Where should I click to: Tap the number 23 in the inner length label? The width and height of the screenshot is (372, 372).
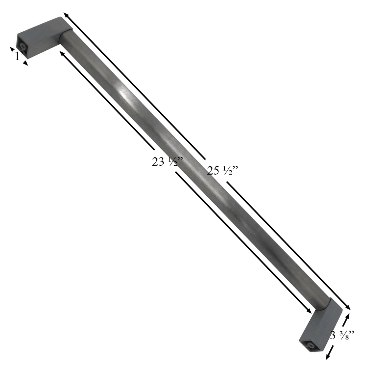coord(158,162)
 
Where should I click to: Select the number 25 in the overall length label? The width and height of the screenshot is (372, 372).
coord(213,170)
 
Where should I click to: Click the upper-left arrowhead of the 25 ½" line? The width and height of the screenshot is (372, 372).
coord(65,15)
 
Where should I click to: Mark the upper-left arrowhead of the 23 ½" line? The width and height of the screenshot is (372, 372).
coord(62,53)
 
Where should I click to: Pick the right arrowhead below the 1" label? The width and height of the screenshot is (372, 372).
coord(25,63)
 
